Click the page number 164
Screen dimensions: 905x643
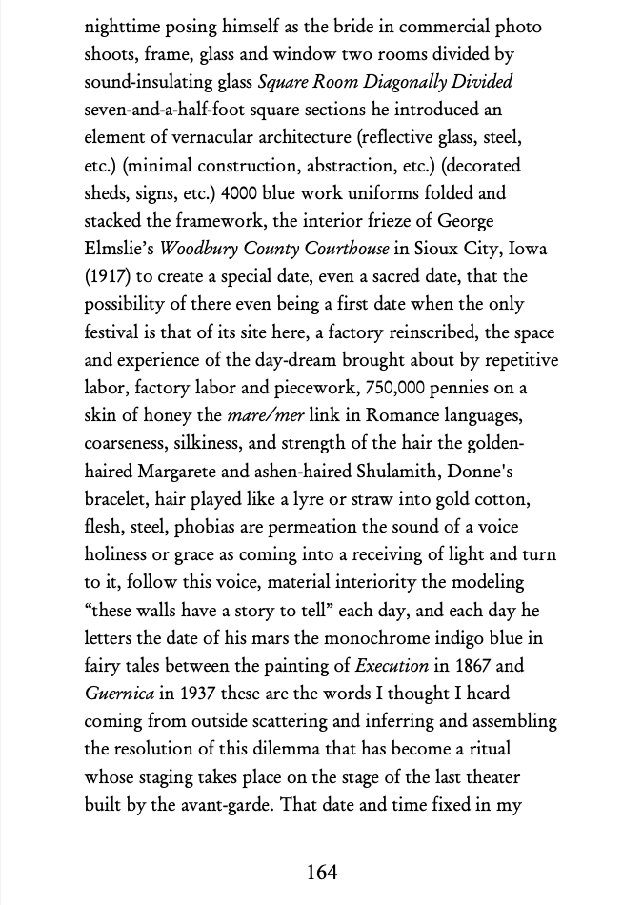pyautogui.click(x=322, y=872)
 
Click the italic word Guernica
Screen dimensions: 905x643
pyautogui.click(x=119, y=694)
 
